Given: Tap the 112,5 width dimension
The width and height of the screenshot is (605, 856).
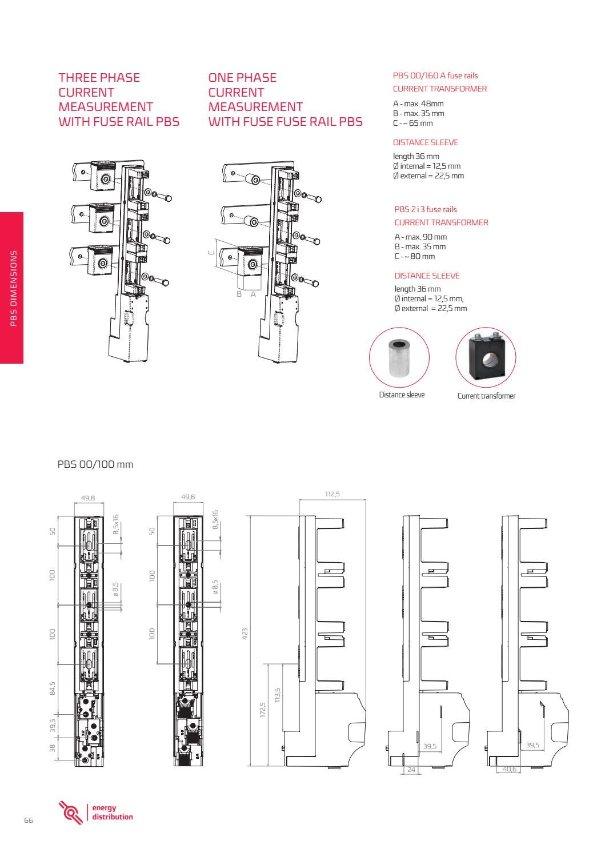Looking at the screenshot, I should [x=332, y=493].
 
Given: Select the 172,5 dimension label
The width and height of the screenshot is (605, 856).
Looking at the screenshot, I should [x=263, y=712].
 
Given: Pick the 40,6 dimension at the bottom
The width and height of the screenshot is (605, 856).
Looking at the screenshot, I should [x=510, y=769].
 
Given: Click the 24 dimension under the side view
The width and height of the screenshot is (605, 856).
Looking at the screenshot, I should [x=411, y=770].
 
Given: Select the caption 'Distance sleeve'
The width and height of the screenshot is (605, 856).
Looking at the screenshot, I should [x=402, y=395].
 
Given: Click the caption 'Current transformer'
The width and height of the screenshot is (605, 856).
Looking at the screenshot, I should [x=486, y=396].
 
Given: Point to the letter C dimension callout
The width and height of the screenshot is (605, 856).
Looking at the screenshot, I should [x=211, y=252].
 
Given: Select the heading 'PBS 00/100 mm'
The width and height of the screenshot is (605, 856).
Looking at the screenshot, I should [x=95, y=464].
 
